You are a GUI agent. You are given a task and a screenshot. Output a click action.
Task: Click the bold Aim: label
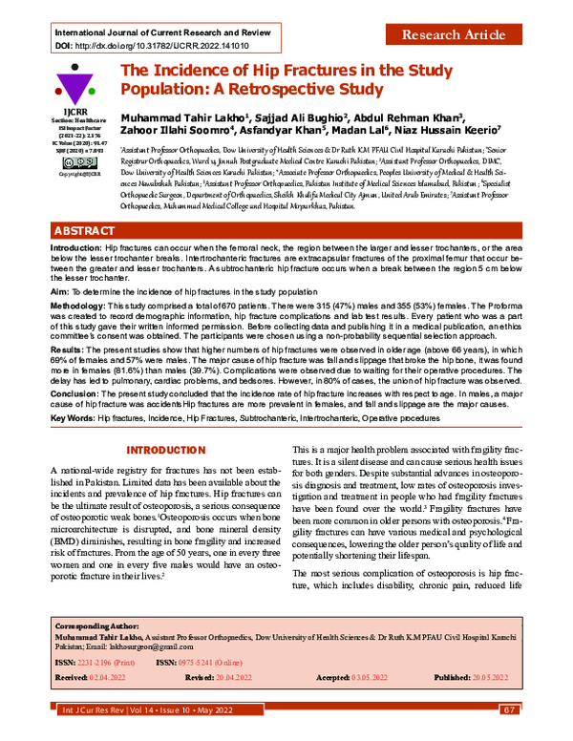coord(59,287)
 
